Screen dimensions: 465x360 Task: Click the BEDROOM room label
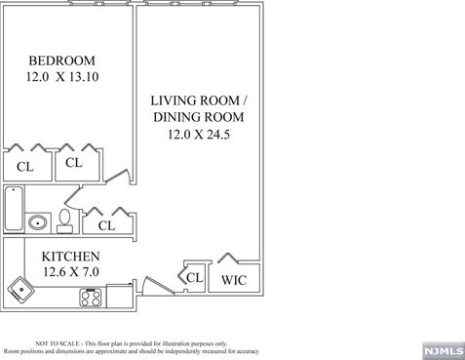tap(61, 60)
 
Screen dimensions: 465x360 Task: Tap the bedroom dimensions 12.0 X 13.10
tap(62, 77)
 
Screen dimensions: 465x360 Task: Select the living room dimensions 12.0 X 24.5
tap(199, 134)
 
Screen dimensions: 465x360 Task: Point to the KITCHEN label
tap(70, 257)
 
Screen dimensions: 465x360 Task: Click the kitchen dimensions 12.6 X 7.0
tap(71, 271)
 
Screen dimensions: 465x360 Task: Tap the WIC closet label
tap(234, 280)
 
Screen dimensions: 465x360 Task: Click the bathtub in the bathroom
tap(14, 209)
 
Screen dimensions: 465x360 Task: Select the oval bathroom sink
tap(38, 223)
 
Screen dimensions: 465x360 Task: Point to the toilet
tap(65, 221)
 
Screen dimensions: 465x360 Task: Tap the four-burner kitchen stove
tap(91, 298)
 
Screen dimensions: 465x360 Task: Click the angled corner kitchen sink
tap(21, 290)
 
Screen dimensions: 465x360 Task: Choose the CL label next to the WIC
tap(195, 277)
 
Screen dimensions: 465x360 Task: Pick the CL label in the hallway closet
tap(106, 225)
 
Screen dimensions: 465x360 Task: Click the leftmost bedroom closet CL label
tap(25, 167)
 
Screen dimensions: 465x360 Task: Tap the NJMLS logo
tap(444, 351)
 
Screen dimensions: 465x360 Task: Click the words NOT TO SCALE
tap(58, 343)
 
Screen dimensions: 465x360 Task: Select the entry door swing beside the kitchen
tap(156, 286)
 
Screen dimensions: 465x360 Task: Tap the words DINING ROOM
tap(199, 117)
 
